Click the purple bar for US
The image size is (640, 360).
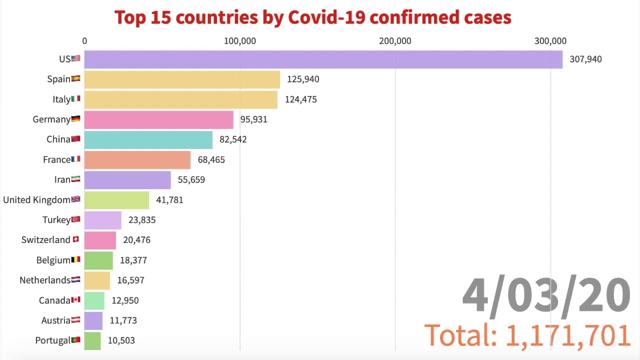(x=323, y=59)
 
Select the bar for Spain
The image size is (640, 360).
(x=182, y=79)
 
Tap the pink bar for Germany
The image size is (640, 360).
(x=158, y=119)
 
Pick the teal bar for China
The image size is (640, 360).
(x=148, y=139)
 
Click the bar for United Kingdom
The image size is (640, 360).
(x=116, y=200)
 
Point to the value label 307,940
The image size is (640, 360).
(x=585, y=59)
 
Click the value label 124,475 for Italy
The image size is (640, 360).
(x=300, y=99)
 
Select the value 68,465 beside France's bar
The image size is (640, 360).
(x=211, y=159)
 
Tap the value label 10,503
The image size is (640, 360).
(x=121, y=340)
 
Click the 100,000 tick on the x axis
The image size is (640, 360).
(x=239, y=41)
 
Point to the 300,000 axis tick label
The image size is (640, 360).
(x=550, y=41)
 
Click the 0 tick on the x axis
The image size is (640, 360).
(x=84, y=41)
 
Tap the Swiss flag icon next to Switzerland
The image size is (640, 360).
(x=75, y=239)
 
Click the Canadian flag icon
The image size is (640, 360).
(x=75, y=300)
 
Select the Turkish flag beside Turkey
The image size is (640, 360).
(x=75, y=219)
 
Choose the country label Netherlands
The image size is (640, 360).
(x=44, y=280)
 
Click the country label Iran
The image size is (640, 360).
(x=62, y=179)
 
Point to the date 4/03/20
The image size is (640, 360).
(x=545, y=295)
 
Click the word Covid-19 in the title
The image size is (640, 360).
(x=326, y=17)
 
